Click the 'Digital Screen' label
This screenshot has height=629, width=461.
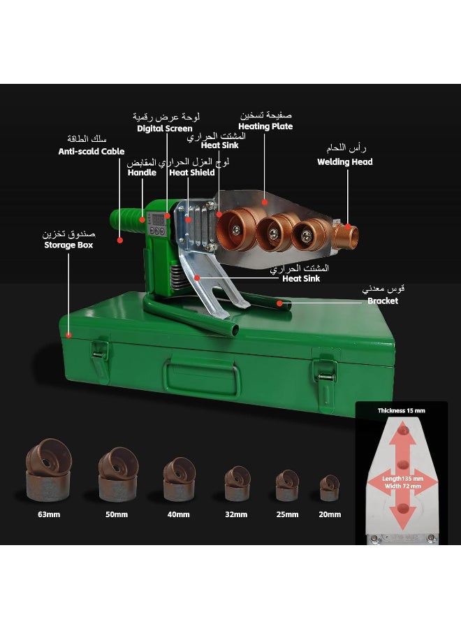(164, 129)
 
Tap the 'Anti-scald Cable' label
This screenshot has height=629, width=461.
(92, 151)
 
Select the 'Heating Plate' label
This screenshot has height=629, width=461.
(265, 126)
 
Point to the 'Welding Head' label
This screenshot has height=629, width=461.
(345, 161)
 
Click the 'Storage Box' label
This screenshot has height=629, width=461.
(68, 245)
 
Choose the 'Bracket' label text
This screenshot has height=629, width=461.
(383, 301)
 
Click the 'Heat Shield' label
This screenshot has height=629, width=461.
(192, 173)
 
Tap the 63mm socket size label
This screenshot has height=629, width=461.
(49, 514)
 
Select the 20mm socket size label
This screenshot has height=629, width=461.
(330, 514)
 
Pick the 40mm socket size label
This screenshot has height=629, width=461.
(178, 514)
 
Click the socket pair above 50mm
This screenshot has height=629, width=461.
(118, 474)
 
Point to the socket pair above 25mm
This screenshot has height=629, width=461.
(287, 486)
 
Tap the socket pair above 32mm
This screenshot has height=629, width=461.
(237, 484)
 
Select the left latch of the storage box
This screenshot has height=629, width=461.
(100, 359)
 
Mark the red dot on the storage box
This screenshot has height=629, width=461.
(69, 335)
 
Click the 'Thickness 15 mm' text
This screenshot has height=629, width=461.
(401, 410)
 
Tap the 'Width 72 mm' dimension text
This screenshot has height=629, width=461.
(403, 486)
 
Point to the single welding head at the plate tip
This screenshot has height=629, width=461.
(345, 236)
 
